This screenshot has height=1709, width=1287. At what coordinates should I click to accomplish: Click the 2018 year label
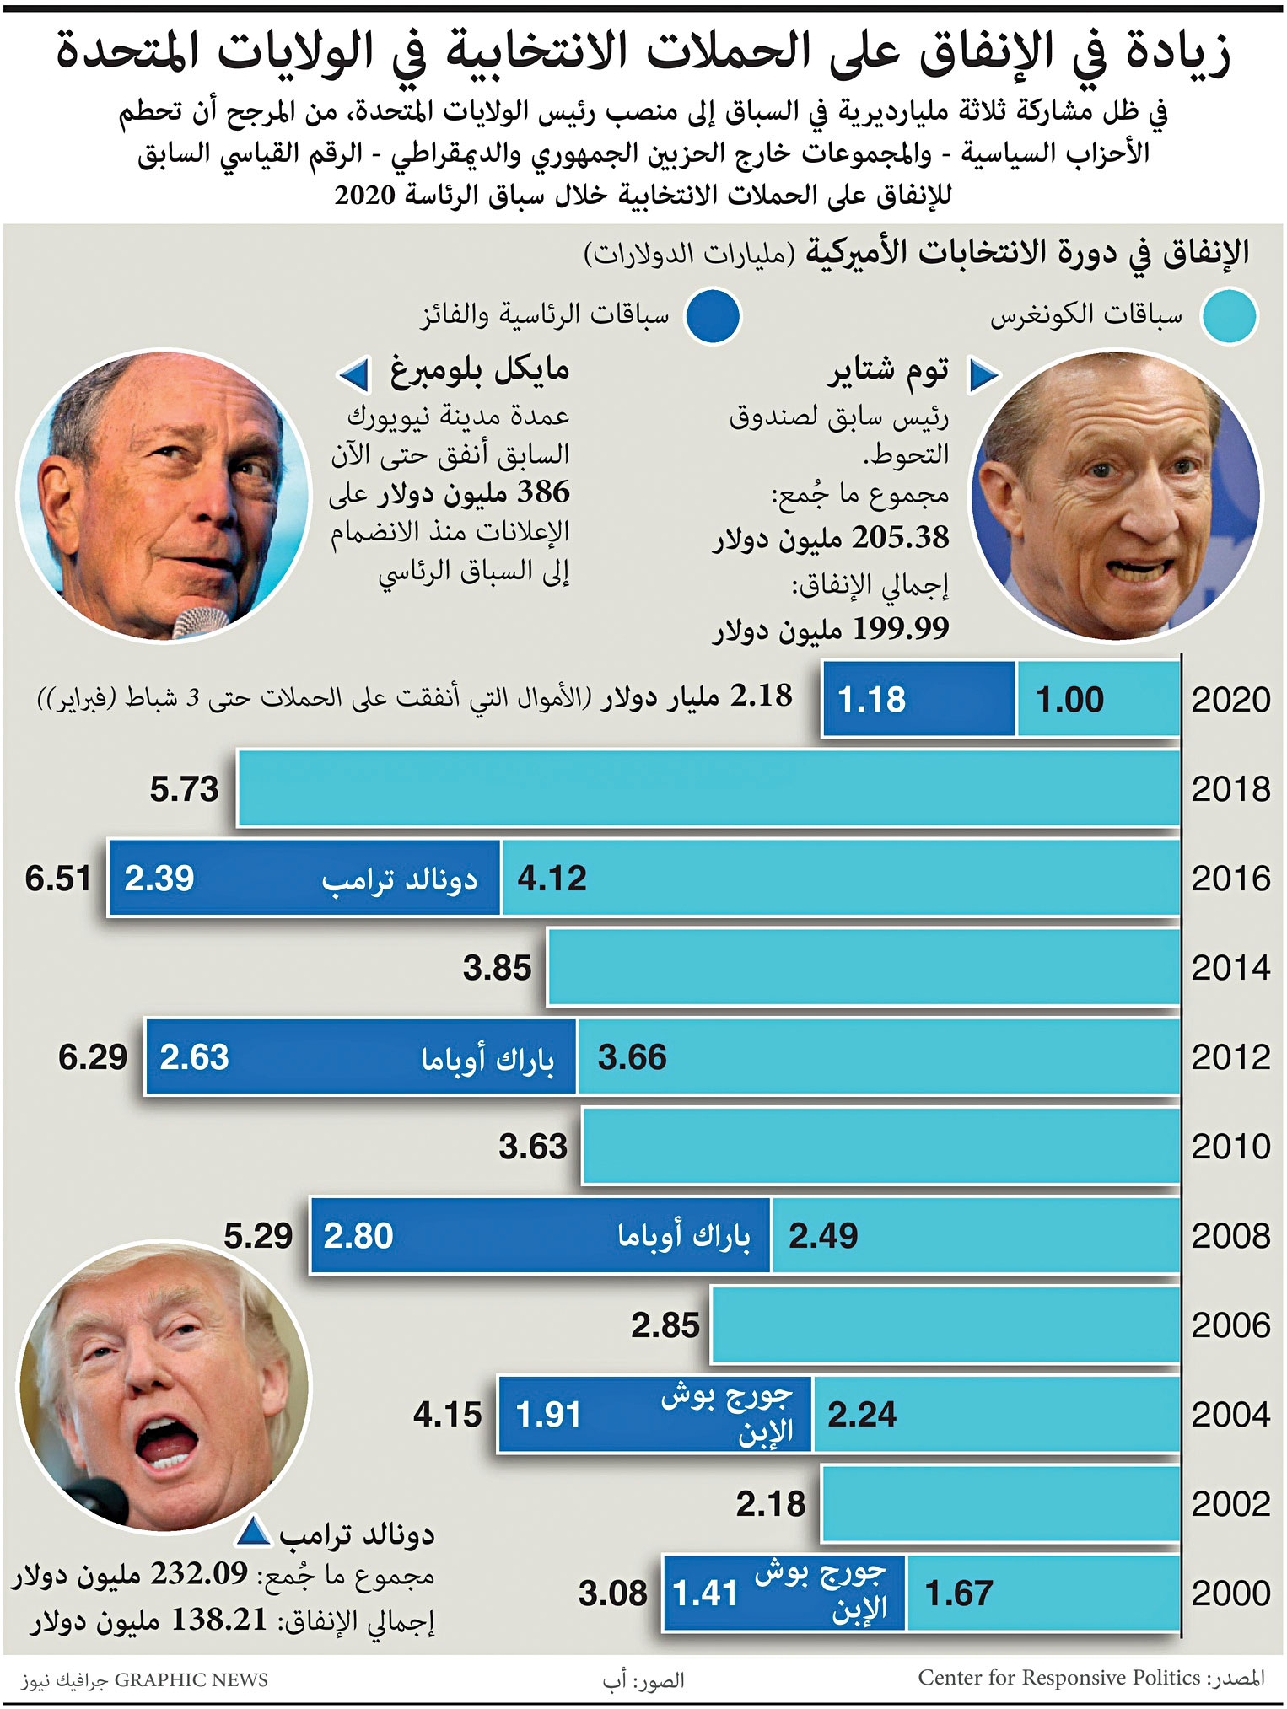pos(1230,789)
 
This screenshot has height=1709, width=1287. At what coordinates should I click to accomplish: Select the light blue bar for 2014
pos(863,967)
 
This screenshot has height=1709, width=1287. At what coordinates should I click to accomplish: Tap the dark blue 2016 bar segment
pos(304,879)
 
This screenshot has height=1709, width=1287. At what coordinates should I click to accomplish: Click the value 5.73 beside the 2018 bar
pos(184,789)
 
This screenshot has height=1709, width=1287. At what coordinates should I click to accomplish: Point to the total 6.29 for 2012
pos(92,1057)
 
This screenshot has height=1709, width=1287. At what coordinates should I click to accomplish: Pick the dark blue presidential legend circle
pos(713,316)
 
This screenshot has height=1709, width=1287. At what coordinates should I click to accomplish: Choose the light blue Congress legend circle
pos(1230,316)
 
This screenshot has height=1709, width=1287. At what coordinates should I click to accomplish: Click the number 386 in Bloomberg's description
pos(542,492)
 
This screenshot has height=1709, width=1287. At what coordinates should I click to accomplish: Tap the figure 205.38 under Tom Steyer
pos(900,538)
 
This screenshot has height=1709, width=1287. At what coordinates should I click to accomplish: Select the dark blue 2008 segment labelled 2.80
pos(540,1236)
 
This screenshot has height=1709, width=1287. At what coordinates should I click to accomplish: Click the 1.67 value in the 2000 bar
pos(958,1593)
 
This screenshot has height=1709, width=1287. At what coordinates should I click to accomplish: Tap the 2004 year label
pos(1230,1415)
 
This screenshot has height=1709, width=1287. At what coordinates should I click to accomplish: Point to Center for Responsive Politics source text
pos(1058,1678)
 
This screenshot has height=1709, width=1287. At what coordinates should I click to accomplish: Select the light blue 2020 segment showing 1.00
pos(1098,700)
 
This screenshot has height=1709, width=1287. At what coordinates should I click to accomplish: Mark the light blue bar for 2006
pos(945,1325)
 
